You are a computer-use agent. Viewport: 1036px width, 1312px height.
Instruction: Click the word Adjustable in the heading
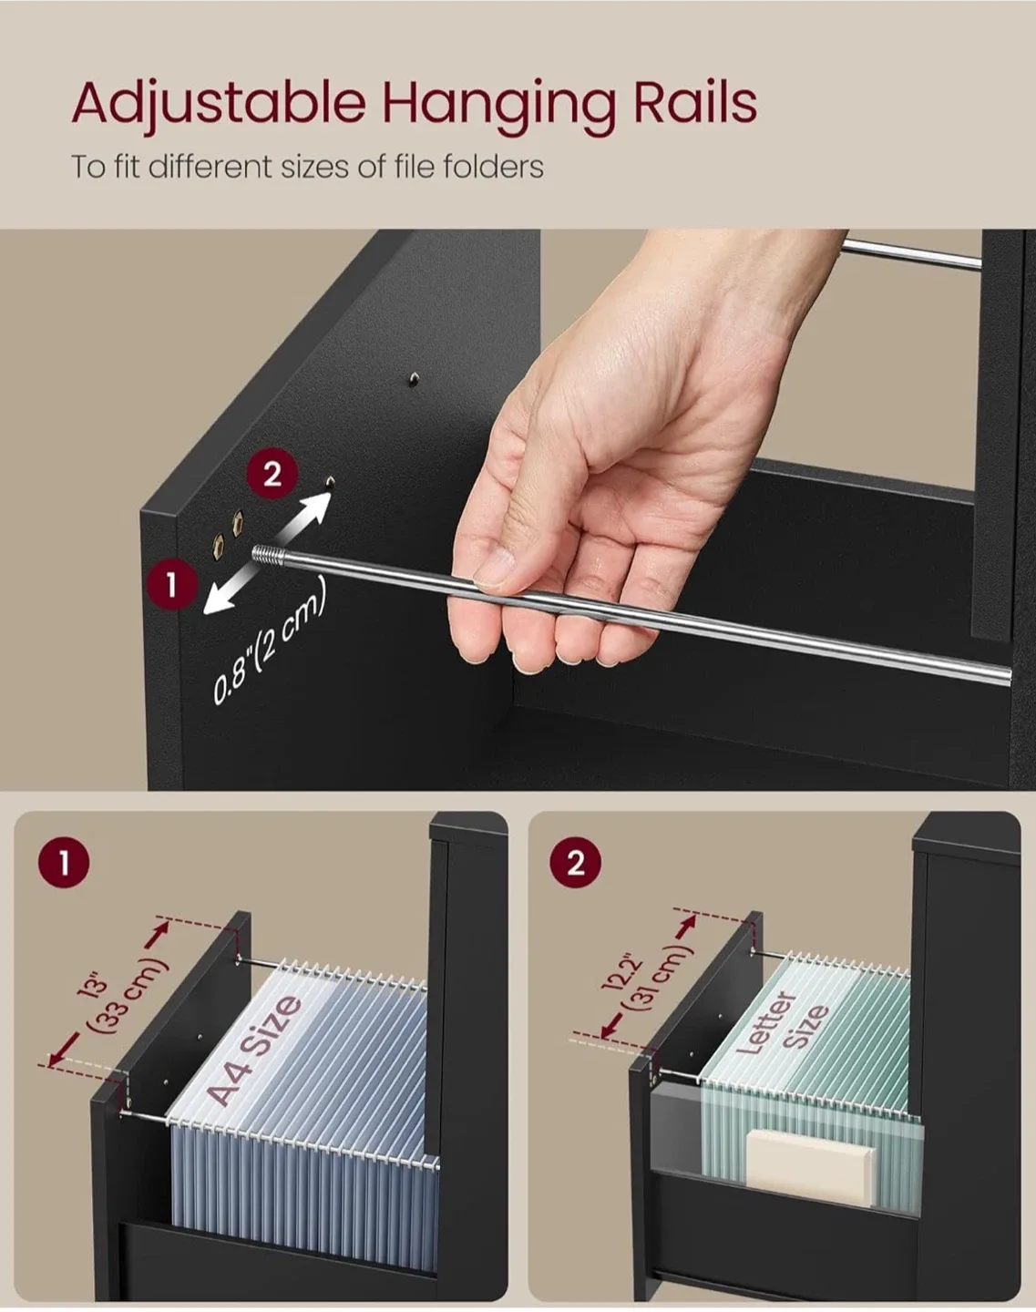[x=219, y=103]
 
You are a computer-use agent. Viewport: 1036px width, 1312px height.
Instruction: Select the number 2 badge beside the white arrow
[x=272, y=474]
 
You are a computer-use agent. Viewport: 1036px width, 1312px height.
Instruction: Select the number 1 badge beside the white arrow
[x=170, y=585]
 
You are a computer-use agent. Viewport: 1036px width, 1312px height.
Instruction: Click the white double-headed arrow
[x=266, y=550]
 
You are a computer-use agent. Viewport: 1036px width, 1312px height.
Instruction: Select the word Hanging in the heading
[x=497, y=103]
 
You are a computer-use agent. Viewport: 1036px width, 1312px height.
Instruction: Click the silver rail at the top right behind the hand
[x=911, y=252]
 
